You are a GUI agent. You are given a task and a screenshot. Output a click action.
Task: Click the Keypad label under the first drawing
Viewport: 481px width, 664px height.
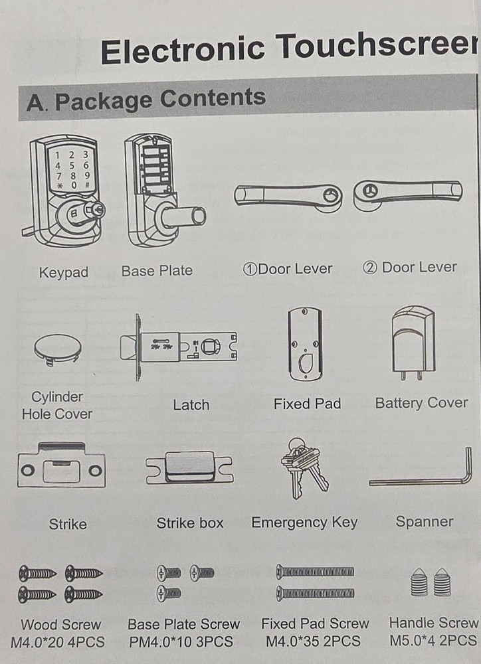64,272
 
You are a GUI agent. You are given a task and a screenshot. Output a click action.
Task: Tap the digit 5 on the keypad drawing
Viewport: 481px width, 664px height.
72,165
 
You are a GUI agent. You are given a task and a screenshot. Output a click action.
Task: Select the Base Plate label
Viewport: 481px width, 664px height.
157,271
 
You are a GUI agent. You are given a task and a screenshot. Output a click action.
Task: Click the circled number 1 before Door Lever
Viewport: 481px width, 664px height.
250,270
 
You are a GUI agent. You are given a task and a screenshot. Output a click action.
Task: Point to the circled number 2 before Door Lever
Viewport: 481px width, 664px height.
369,268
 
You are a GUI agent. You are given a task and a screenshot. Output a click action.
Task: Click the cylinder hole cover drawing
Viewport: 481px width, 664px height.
58,350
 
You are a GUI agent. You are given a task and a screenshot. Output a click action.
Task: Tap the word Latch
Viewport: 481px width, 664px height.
191,405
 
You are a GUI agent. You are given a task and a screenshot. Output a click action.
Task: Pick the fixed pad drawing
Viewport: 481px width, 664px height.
305,345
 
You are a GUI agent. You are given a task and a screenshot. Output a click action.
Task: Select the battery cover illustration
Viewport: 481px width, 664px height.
413,343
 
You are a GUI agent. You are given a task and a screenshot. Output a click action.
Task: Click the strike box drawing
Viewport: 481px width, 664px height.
189,467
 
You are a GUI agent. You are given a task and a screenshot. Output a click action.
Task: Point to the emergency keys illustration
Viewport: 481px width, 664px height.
304,468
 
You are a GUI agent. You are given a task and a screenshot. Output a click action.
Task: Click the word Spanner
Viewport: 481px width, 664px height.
425,522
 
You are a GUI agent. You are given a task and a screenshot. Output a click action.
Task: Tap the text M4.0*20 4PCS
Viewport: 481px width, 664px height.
58,642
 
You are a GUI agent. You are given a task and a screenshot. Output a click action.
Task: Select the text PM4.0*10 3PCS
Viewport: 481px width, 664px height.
181,642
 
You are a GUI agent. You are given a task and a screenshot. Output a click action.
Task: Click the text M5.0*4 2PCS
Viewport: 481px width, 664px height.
434,640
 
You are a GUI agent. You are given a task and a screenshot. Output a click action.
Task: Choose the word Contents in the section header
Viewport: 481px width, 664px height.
213,99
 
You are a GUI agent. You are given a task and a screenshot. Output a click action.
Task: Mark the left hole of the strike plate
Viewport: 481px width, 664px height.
28,471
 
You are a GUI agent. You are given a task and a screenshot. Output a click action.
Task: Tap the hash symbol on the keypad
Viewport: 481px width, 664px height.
87,185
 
